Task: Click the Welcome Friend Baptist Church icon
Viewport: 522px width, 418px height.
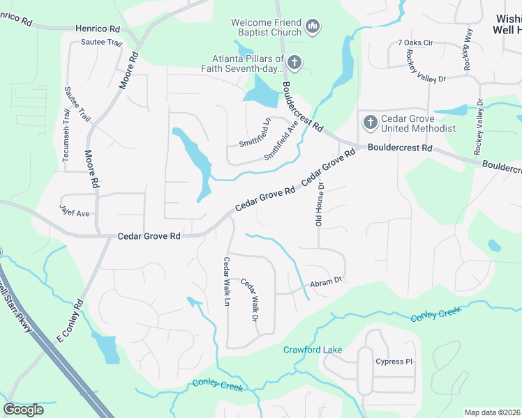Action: [x=313, y=27]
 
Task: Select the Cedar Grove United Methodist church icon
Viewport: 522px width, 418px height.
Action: [x=370, y=123]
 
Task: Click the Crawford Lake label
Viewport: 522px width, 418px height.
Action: [x=312, y=349]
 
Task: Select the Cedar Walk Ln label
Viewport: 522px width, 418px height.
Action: [x=227, y=281]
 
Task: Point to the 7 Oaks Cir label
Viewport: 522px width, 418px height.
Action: [x=415, y=42]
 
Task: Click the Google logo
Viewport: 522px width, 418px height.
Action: [x=23, y=409]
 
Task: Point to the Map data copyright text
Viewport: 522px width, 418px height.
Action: [x=492, y=412]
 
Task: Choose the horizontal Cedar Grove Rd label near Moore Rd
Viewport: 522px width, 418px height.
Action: [x=149, y=236]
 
